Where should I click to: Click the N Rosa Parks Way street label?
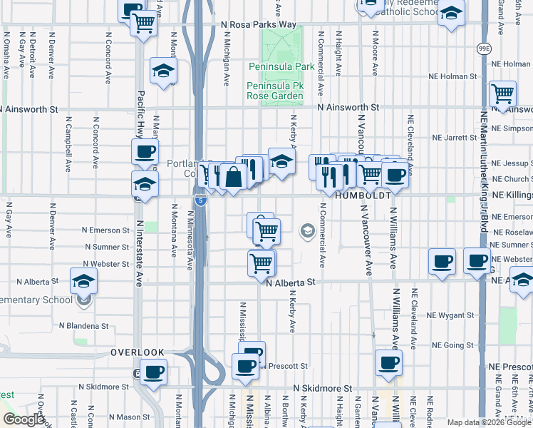pos(259,24)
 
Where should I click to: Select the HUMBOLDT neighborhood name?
pos(361,195)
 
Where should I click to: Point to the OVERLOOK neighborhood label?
pos(138,352)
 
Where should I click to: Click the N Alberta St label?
pos(290,282)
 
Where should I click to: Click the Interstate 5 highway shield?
pos(201,200)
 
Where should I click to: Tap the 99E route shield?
pos(484,48)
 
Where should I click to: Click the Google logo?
pos(24,419)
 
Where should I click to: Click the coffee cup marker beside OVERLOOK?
pos(153,372)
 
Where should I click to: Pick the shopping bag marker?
pos(234,176)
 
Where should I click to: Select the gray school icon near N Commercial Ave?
pos(308,230)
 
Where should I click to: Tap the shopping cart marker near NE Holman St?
pos(503,93)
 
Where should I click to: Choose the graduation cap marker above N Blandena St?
pos(84,280)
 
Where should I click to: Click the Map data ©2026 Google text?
pos(488,422)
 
